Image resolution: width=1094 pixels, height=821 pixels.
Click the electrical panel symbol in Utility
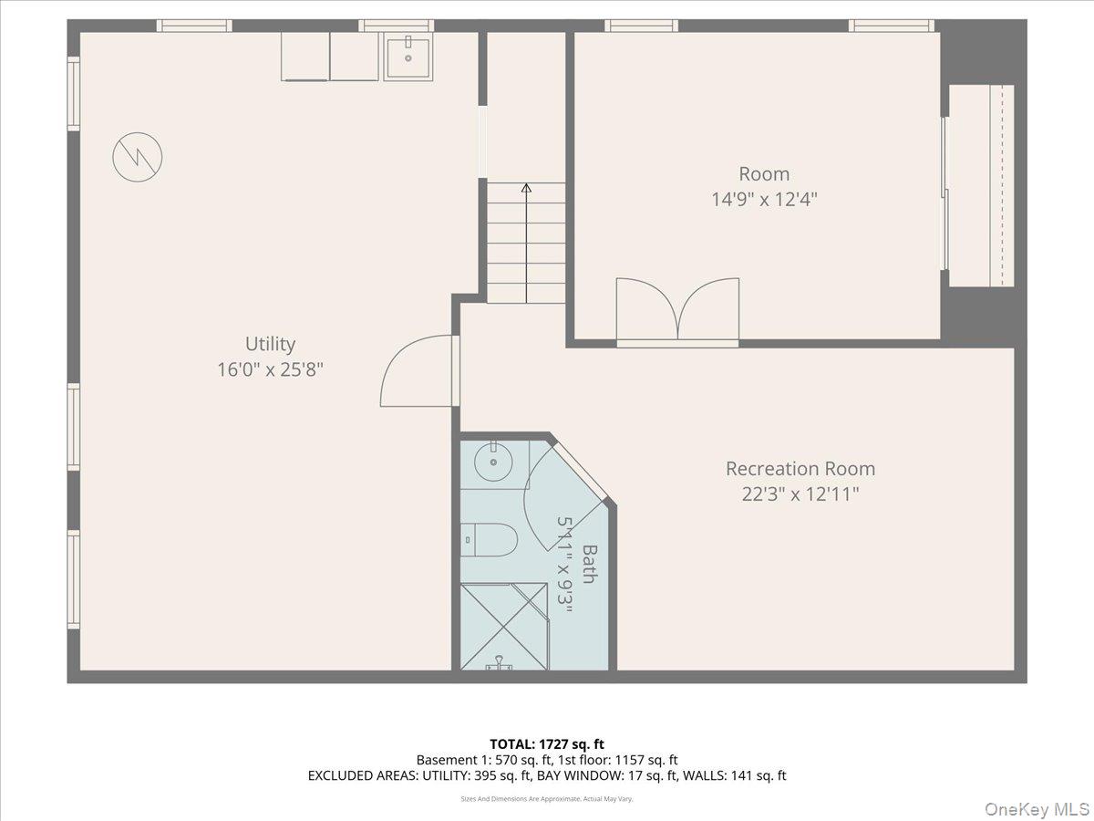pyautogui.click(x=138, y=157)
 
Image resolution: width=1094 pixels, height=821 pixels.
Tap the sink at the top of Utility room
pyautogui.click(x=408, y=57)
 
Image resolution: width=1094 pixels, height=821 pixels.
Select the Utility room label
pyautogui.click(x=270, y=344)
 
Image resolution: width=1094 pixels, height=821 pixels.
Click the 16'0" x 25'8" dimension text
pyautogui.click(x=270, y=369)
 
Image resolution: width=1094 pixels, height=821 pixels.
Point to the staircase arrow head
pyautogui.click(x=526, y=188)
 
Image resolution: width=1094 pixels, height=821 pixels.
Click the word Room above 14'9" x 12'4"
pyautogui.click(x=764, y=173)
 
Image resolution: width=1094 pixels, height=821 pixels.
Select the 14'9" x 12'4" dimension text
pyautogui.click(x=764, y=199)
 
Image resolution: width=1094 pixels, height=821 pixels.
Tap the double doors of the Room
pyautogui.click(x=677, y=312)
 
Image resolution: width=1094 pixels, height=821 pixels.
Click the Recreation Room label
pyautogui.click(x=800, y=469)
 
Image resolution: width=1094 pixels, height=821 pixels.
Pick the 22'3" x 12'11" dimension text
pyautogui.click(x=800, y=494)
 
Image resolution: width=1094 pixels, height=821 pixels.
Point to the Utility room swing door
pyautogui.click(x=418, y=371)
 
